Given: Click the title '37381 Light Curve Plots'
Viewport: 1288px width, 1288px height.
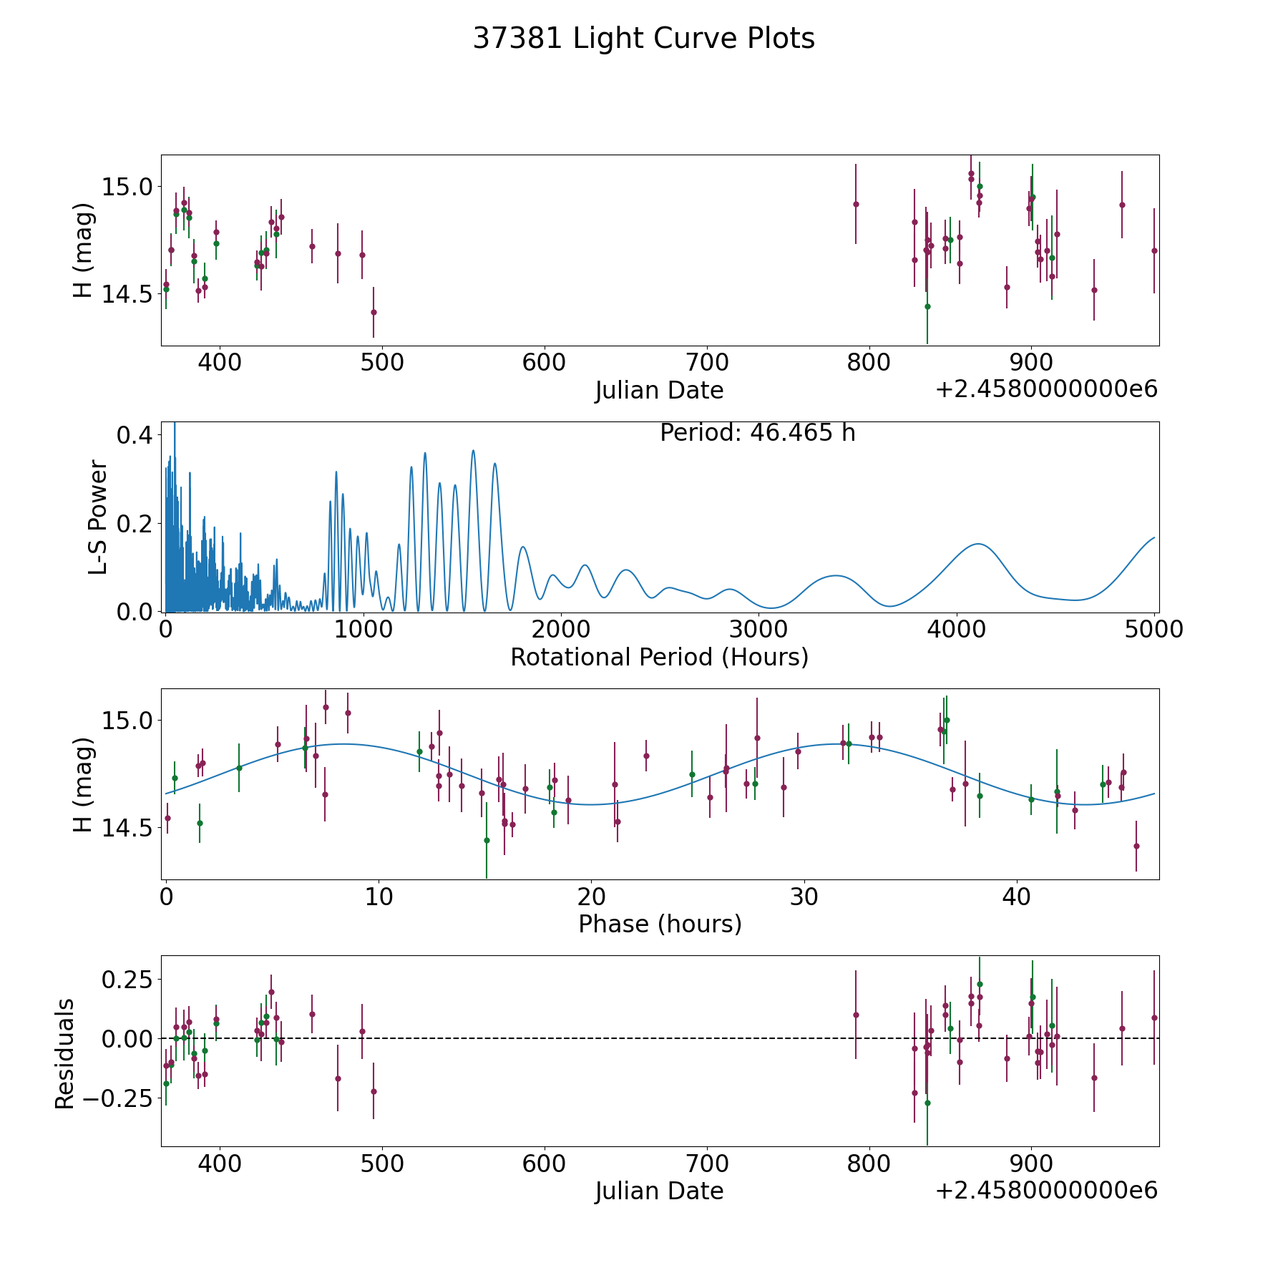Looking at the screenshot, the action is click(644, 39).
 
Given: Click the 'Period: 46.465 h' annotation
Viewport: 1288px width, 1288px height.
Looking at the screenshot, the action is click(758, 433).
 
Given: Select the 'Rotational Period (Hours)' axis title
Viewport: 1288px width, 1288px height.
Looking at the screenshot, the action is click(660, 657).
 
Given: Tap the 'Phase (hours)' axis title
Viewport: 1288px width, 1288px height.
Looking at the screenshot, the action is click(660, 924).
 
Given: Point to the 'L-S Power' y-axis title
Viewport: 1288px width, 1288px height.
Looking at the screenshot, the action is click(98, 517).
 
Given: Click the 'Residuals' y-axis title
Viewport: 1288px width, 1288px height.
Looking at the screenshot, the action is click(65, 1054).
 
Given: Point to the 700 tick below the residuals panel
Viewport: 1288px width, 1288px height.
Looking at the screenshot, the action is click(706, 1164).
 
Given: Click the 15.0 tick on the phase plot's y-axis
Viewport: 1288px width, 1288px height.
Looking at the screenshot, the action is click(127, 720).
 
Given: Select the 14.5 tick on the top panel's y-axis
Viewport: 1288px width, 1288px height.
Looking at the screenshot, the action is click(127, 294).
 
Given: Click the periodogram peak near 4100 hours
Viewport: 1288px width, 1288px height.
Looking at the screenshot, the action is click(977, 544).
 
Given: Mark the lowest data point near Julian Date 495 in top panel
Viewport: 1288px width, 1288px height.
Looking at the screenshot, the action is click(374, 312).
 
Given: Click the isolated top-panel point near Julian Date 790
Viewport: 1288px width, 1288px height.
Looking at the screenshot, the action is click(856, 204).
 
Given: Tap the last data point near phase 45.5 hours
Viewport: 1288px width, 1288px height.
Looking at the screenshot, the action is click(1136, 846).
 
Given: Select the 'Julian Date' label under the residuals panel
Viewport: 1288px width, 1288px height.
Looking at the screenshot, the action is click(660, 1191).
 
